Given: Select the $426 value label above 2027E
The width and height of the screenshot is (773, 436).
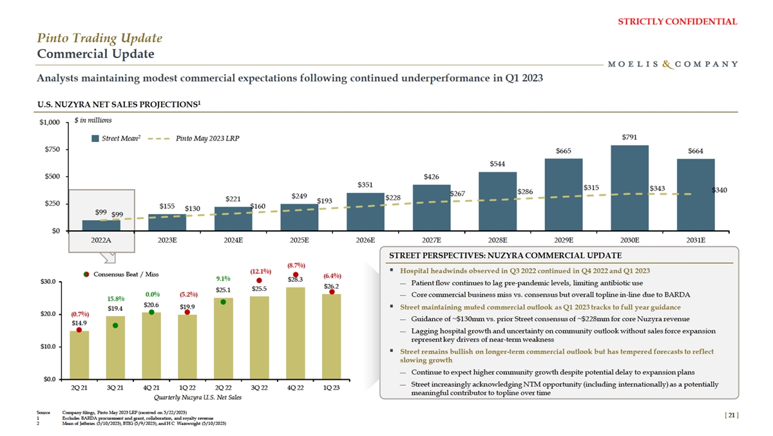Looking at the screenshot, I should pos(432,177).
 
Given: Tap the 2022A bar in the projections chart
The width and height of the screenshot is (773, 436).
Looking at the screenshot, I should pos(101,225).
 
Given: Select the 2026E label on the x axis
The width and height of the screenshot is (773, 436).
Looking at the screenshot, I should pos(365,240).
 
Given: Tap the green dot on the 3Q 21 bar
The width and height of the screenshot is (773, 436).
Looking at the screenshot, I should pos(115,326).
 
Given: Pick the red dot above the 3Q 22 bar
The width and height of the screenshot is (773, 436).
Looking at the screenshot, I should pos(259,281).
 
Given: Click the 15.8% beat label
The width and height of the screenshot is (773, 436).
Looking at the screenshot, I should pos(115,299).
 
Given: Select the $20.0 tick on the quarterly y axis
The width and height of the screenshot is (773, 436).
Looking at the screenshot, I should pos(53,314).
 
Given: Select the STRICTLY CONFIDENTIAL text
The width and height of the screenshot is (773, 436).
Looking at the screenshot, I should pos(677,21).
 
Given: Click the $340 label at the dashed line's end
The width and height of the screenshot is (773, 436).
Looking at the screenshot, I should pos(720,190).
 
